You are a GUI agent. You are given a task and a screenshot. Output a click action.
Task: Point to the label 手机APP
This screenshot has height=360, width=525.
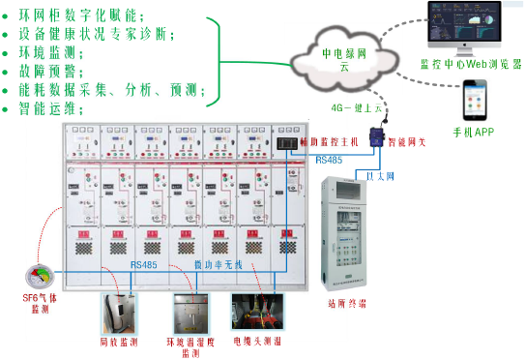473,131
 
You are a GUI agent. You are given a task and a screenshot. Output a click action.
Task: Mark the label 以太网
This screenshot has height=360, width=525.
380,177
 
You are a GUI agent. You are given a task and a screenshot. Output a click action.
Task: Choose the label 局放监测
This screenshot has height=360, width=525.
119,342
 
